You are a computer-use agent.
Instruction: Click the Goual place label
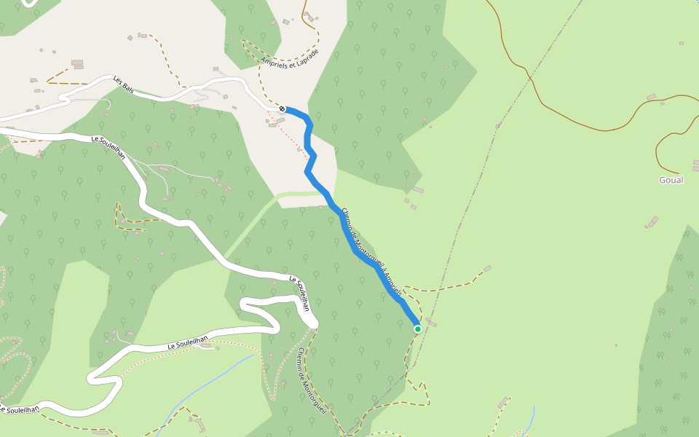671,180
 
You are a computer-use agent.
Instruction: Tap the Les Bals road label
123,84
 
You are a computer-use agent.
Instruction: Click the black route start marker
282,109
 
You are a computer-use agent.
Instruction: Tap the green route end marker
418,329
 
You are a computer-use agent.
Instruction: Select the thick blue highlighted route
342,219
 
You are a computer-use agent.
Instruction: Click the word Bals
127,87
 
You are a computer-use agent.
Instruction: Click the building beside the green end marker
432,323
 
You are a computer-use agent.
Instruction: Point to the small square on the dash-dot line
497,127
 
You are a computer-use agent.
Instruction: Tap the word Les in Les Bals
116,80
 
